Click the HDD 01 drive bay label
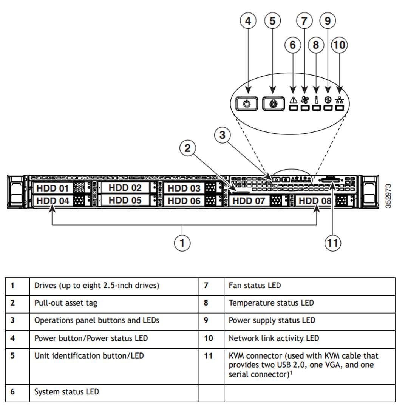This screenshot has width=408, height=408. click(x=53, y=188)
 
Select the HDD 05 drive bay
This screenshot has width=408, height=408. click(x=125, y=200)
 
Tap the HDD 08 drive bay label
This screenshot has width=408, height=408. click(x=315, y=201)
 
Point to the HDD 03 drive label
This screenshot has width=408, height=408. click(x=184, y=188)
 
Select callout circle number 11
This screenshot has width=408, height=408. click(x=333, y=243)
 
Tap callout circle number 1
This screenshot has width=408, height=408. click(x=182, y=243)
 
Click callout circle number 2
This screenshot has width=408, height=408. click(x=188, y=148)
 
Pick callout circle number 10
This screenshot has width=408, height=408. click(x=339, y=45)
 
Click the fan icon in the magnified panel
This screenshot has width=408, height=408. click(x=304, y=100)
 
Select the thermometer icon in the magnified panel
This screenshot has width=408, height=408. click(x=316, y=100)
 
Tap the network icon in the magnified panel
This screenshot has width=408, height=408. click(x=340, y=100)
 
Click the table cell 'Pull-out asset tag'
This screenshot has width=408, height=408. click(x=66, y=303)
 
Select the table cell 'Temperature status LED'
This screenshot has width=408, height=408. click(x=271, y=303)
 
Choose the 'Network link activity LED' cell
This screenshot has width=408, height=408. click(x=274, y=338)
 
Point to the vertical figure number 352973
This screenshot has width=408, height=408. click(x=388, y=196)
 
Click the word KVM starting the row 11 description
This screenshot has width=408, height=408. click(x=236, y=356)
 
